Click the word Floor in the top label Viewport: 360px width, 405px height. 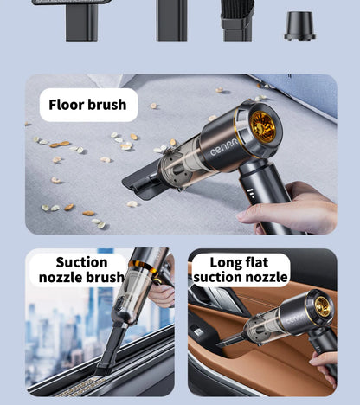67,105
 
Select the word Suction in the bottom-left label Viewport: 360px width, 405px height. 81,262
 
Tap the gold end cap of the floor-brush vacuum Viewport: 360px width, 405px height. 263,126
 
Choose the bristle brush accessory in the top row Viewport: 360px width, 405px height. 236,21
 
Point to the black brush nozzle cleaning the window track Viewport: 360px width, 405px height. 111,350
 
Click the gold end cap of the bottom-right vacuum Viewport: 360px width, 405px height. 322,305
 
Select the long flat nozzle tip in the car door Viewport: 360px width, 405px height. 232,340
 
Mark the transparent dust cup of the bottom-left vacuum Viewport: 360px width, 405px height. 135,302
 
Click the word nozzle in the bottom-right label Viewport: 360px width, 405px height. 263,278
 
